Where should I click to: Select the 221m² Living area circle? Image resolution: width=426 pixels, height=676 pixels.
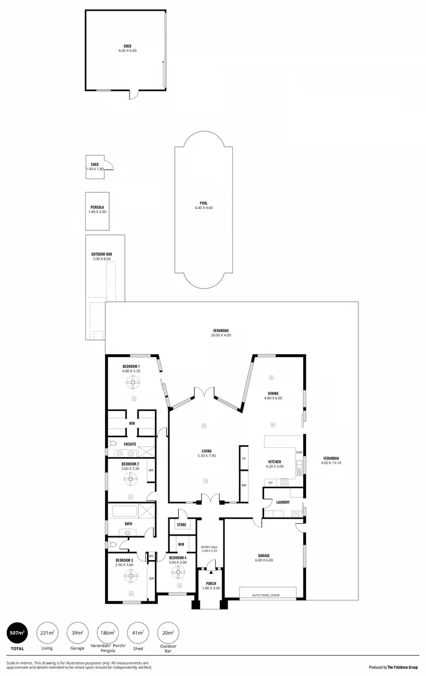(x=47, y=632)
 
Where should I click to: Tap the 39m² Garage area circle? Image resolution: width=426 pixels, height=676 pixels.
(x=77, y=632)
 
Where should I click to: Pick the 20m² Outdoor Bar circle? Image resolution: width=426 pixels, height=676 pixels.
(x=168, y=632)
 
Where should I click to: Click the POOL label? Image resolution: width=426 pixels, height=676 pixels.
(x=203, y=203)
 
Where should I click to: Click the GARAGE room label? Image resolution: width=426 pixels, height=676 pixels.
(x=264, y=555)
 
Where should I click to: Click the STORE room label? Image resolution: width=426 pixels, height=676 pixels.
(x=182, y=525)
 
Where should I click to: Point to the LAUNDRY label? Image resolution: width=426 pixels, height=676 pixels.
(x=283, y=502)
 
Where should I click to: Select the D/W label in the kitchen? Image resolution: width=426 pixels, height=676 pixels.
(x=299, y=453)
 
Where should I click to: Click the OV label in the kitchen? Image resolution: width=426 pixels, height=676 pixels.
(x=270, y=483)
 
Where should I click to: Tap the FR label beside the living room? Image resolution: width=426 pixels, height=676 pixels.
(x=244, y=458)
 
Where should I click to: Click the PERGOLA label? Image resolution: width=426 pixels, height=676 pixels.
(x=97, y=208)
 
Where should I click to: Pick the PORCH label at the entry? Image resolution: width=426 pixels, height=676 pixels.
(x=211, y=584)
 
